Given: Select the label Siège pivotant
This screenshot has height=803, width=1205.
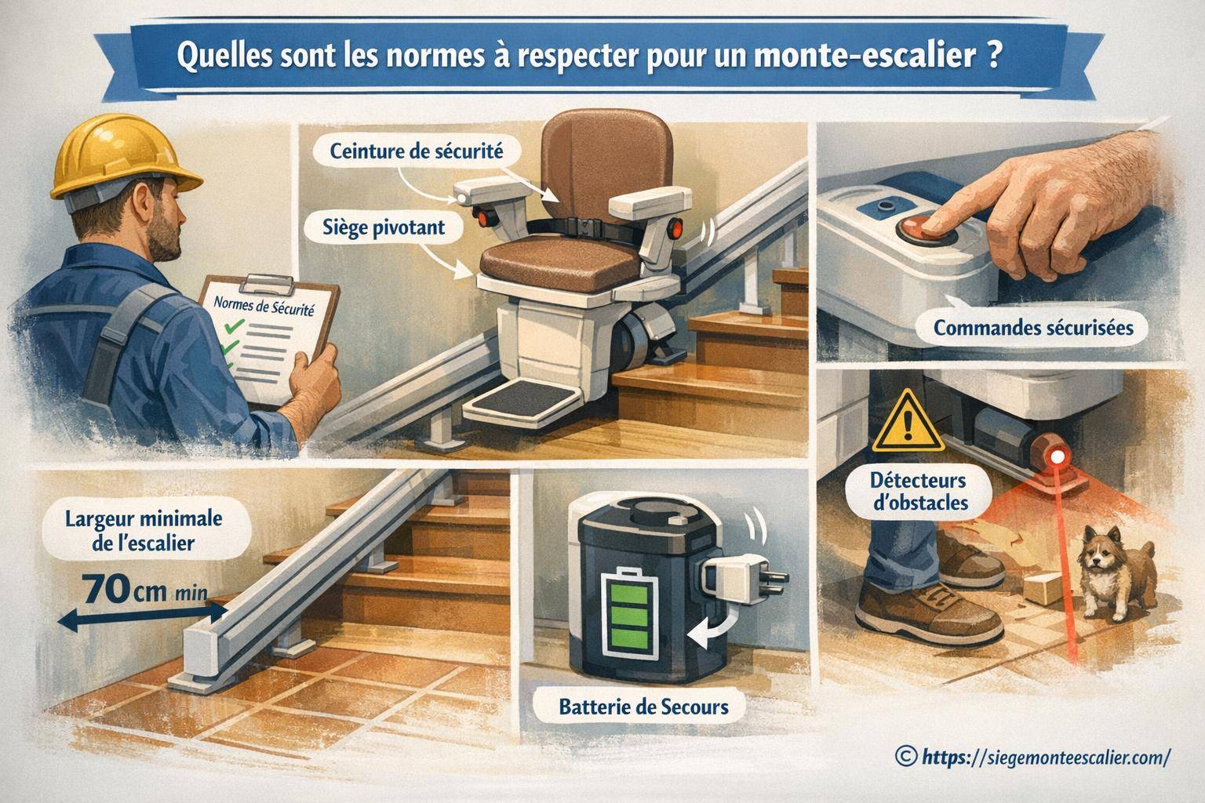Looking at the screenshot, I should (384, 227).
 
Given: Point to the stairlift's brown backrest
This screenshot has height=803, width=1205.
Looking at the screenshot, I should (604, 161).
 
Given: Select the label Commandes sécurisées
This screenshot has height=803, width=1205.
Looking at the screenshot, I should (1033, 327).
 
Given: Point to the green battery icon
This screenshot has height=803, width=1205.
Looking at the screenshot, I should (626, 611).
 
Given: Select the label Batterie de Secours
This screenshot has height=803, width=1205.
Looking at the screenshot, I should (643, 707).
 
